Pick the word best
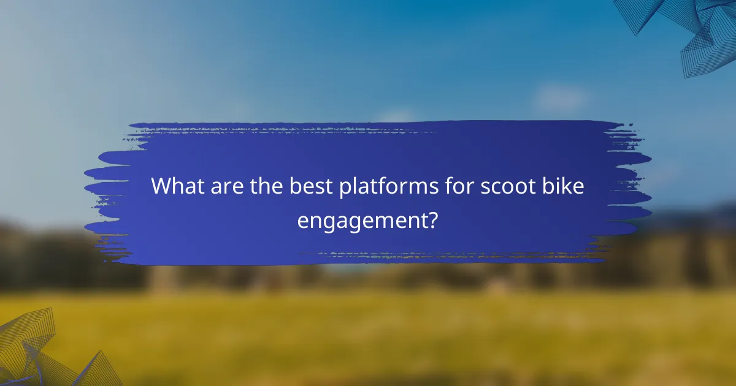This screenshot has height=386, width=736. [x=310, y=186]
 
